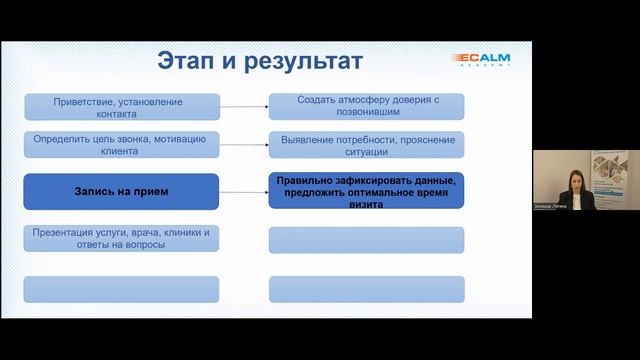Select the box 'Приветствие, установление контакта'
[121, 106]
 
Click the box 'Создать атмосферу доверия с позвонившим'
[367, 106]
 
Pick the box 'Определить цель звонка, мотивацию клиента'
[121, 146]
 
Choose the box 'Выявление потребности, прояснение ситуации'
[367, 146]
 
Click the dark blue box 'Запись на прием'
[121, 190]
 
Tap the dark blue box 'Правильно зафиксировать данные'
[367, 190]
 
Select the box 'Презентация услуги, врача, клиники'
[121, 239]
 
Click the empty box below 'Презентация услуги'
[121, 288]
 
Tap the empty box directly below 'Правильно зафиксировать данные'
[367, 240]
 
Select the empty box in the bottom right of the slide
[367, 288]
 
